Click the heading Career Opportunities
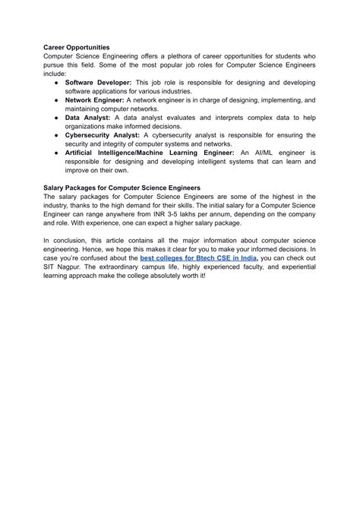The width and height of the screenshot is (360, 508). tap(77, 47)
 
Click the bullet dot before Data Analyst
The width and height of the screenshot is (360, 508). tap(56, 118)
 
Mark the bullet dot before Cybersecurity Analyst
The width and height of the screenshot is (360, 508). tap(56, 134)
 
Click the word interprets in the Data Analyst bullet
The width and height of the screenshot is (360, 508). tap(220, 118)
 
